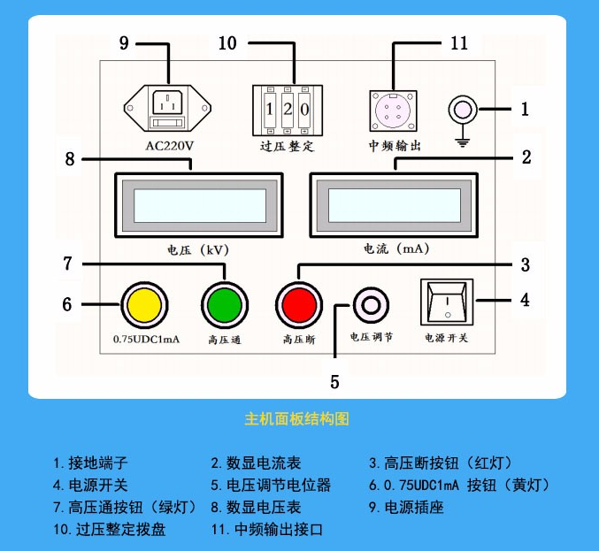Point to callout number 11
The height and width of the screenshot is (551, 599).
(x=458, y=42)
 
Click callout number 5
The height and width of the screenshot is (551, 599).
(x=334, y=382)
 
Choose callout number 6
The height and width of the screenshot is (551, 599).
(x=66, y=305)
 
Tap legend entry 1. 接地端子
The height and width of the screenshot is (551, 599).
(x=90, y=463)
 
